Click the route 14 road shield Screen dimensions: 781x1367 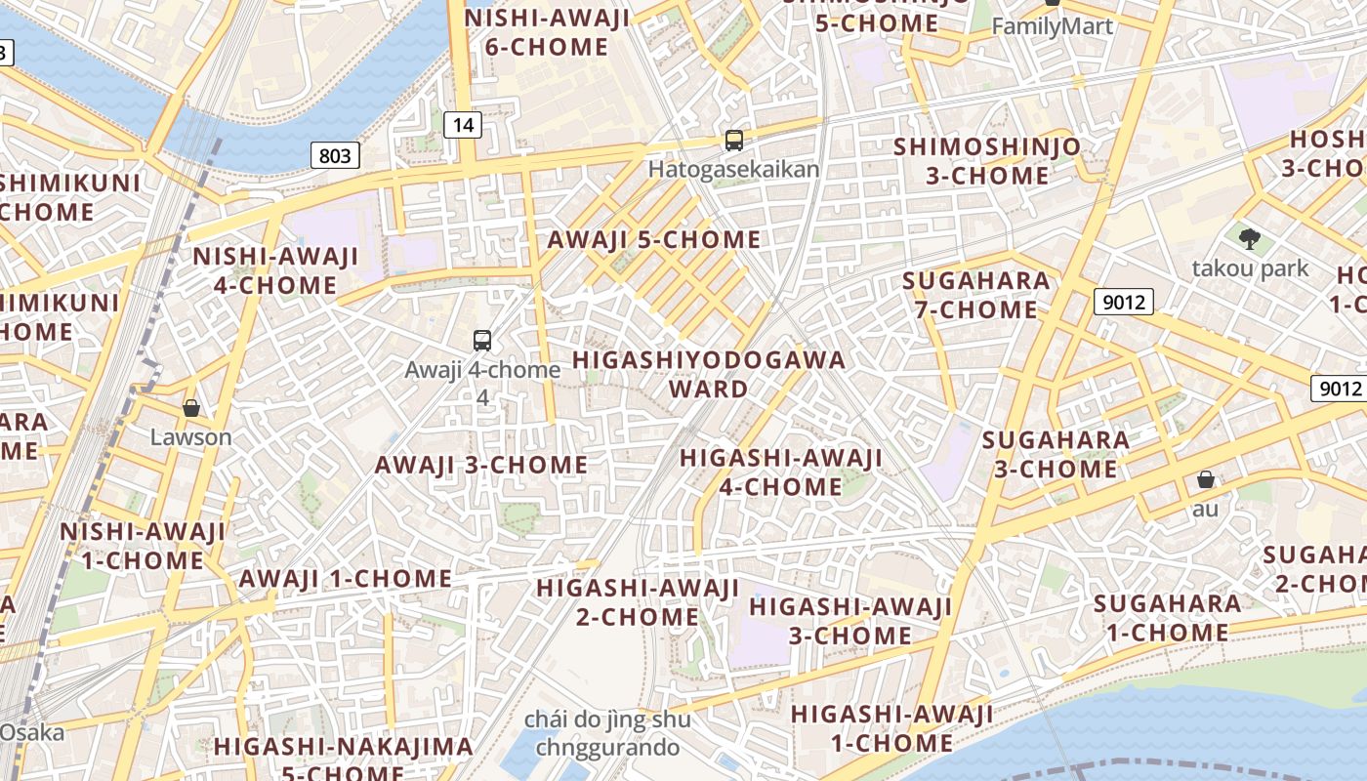click(x=463, y=124)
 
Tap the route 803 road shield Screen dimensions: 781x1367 click(x=335, y=154)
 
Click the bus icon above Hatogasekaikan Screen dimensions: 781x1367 click(x=734, y=141)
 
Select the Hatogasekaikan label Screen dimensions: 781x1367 click(x=733, y=169)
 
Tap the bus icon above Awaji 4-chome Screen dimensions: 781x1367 click(x=482, y=340)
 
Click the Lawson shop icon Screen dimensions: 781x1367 click(x=191, y=408)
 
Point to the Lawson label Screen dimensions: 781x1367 click(x=191, y=436)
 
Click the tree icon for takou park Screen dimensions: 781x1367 click(x=1249, y=238)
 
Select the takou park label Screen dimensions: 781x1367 click(x=1249, y=267)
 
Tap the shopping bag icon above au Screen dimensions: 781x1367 click(x=1206, y=479)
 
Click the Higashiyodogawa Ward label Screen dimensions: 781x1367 click(x=708, y=374)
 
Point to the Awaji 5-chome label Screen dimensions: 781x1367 click(x=653, y=239)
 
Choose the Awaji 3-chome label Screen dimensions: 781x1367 click(x=481, y=464)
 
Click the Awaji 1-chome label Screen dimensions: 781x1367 click(x=346, y=578)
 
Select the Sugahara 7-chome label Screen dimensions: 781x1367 click(x=975, y=295)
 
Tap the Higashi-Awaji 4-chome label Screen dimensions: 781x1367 click(x=780, y=472)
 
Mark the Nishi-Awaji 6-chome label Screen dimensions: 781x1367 click(x=547, y=32)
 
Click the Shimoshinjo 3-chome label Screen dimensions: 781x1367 click(x=987, y=161)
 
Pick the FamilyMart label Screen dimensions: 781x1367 click(x=1052, y=26)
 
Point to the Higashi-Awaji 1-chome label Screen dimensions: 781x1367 click(x=891, y=727)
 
